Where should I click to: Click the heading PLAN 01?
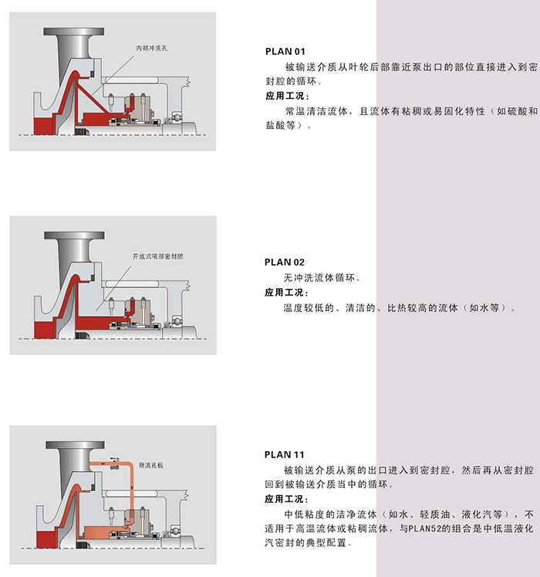[x=285, y=52]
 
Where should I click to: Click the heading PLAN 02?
[x=285, y=263]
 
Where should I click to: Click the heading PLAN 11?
[x=285, y=455]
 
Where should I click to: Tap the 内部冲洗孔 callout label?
[x=151, y=48]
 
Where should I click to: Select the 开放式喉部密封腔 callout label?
[x=157, y=256]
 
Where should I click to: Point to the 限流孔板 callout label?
[x=150, y=465]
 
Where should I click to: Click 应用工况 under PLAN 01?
[x=285, y=96]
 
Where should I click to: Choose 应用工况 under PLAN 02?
[x=285, y=293]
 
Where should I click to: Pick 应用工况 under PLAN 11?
[x=285, y=499]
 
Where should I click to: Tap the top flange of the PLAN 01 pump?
[x=73, y=32]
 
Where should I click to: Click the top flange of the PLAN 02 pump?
[x=74, y=236]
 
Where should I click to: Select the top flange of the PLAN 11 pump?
[x=76, y=445]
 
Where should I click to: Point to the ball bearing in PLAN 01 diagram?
[x=177, y=117]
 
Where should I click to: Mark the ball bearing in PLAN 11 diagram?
[x=176, y=531]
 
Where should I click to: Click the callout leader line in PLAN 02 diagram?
[x=113, y=289]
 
